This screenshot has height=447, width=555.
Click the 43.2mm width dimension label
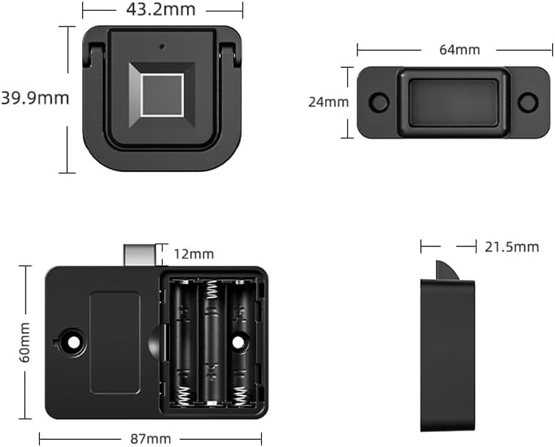coord(161,9)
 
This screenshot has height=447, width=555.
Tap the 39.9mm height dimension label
coord(35,98)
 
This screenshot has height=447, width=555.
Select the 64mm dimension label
coord(459,49)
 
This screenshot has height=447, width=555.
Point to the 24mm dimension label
coord(328,102)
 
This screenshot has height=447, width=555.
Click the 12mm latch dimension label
coord(194,254)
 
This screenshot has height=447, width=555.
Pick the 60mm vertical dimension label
coord(25,343)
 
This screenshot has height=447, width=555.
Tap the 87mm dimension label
coord(151,439)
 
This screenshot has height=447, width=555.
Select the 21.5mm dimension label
coord(511,247)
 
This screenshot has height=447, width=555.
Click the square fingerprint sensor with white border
coord(162,95)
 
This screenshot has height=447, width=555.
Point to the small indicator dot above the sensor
coord(162,46)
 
